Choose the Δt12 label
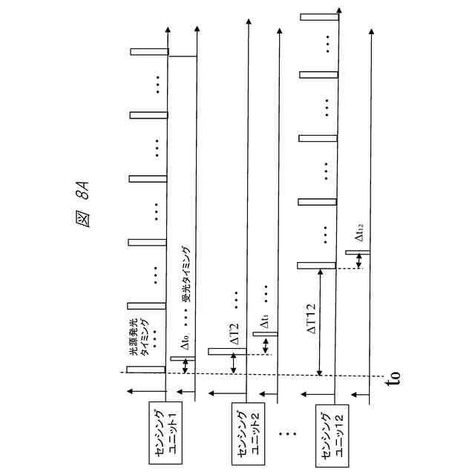359,233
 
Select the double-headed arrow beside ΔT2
234,363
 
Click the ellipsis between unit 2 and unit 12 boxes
287,435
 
